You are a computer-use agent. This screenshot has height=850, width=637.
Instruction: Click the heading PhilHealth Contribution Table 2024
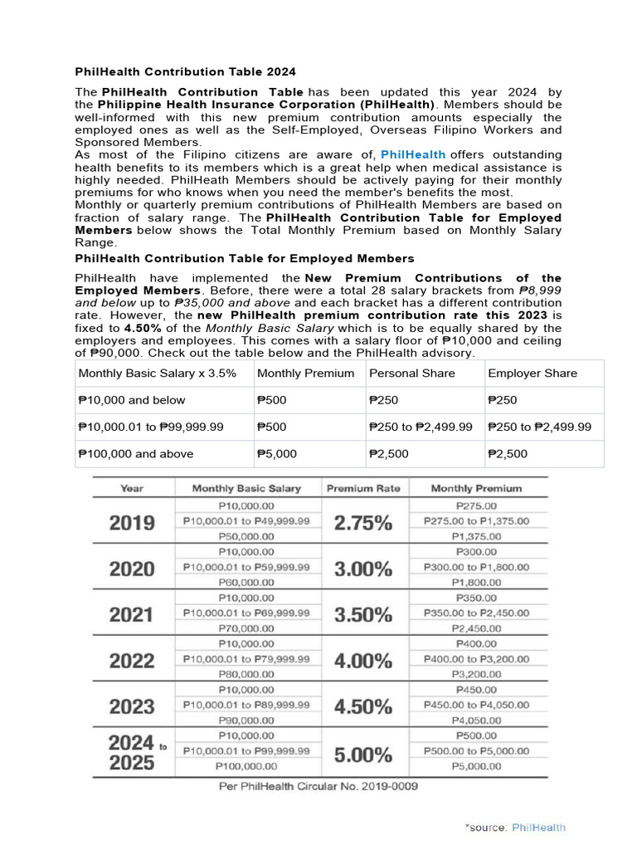coord(185,72)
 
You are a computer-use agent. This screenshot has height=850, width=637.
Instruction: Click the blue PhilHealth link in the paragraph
coord(413,154)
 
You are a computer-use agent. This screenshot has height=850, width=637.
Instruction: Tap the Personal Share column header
coord(412,374)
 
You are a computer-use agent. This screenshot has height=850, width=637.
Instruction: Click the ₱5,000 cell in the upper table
coord(277,454)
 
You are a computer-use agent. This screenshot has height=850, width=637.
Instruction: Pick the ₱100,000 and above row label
coord(136,454)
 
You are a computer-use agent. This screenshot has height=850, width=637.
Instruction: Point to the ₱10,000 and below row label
coord(132,400)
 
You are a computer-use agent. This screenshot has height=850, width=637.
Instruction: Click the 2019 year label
coord(132,523)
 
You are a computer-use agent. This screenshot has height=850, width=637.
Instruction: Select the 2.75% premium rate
coord(362,523)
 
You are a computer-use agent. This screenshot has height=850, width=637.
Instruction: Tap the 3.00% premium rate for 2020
coord(362,569)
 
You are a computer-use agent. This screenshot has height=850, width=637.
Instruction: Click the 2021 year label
coord(132,614)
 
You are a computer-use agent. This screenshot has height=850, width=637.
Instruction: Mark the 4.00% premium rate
coord(362,661)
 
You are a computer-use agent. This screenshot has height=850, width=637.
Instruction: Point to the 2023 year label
coord(132,706)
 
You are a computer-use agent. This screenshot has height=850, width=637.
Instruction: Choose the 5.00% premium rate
coord(362,755)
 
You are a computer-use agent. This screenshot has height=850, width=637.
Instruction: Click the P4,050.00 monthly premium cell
coord(476,721)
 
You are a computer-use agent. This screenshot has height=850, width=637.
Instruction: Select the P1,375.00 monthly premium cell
coord(476,536)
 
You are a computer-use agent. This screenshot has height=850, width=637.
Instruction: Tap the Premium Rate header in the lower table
coord(362,488)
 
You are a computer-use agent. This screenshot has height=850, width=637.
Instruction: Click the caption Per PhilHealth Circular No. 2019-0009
coord(318,786)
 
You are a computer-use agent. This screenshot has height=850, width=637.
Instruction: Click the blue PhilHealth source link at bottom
coord(539,828)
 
